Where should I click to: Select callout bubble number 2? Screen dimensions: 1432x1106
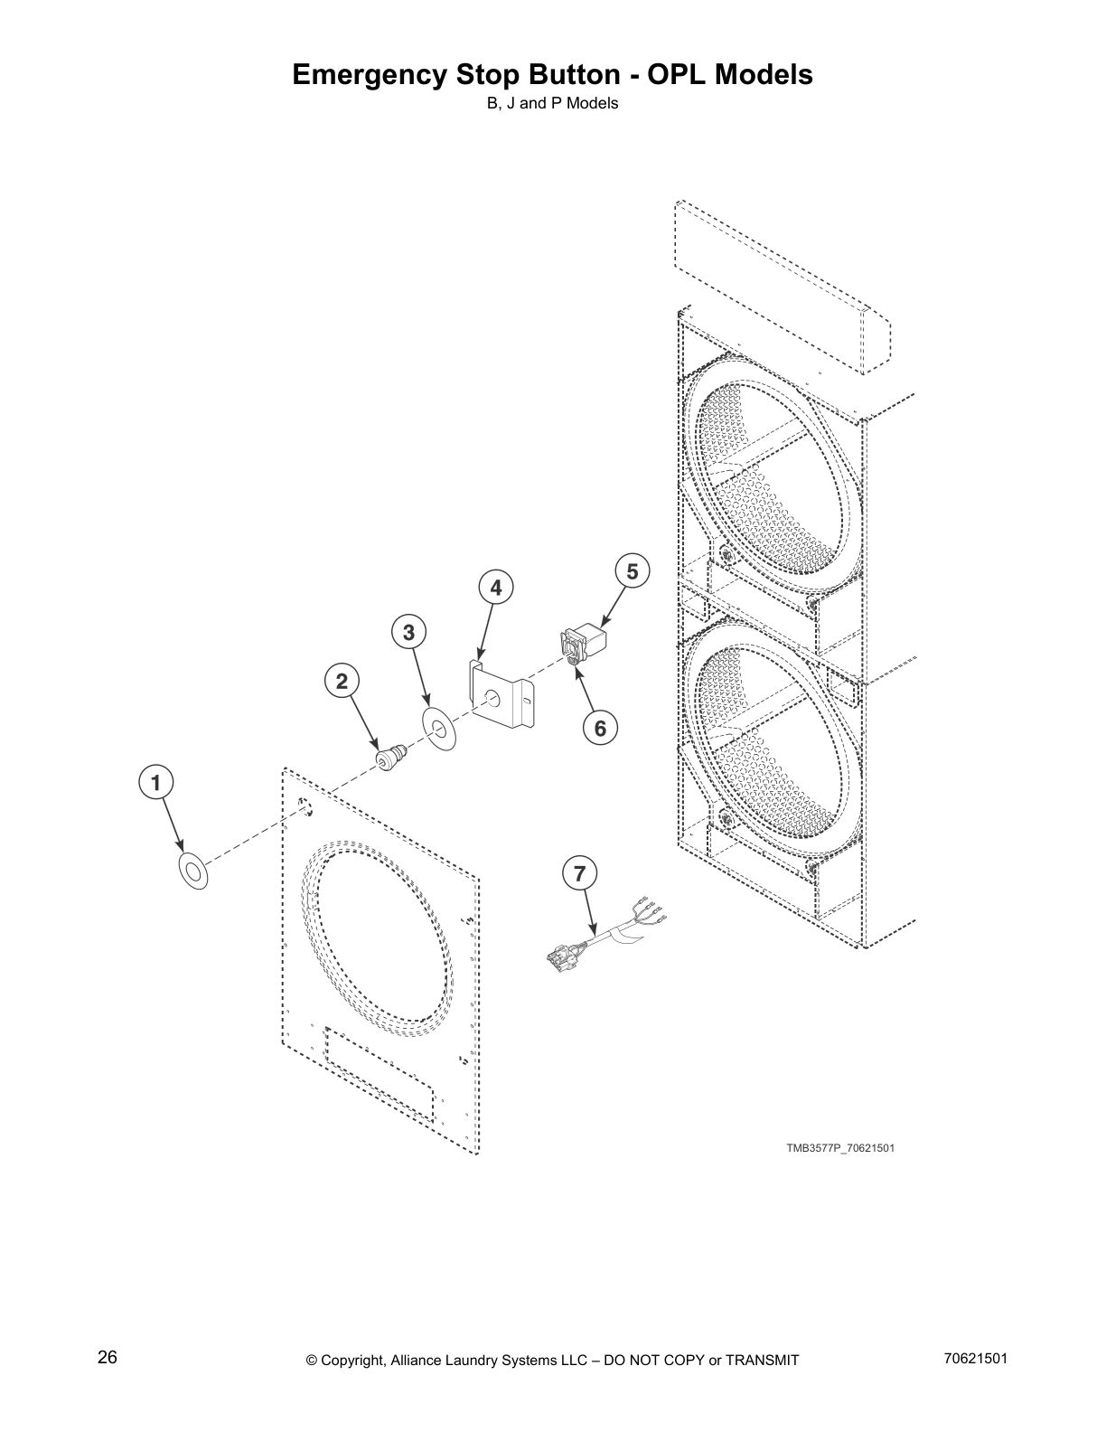(x=342, y=682)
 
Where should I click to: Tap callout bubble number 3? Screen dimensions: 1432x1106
(x=409, y=633)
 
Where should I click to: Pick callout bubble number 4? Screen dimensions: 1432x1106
(x=495, y=589)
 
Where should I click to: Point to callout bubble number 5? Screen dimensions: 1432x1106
(x=632, y=571)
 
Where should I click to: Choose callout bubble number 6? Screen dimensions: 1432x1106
(x=600, y=727)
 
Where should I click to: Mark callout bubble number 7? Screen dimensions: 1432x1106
(x=580, y=873)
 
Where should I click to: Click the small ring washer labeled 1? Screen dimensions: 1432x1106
(x=192, y=869)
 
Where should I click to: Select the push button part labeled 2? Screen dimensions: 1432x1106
(x=391, y=757)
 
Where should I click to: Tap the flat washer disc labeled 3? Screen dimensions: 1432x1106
(x=440, y=727)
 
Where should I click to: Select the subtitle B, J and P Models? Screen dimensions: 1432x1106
(x=552, y=103)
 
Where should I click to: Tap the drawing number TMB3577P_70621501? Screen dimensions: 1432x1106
(x=839, y=1148)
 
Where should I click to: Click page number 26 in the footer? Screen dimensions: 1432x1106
(x=108, y=1357)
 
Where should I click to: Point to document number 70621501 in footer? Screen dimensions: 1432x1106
(x=974, y=1359)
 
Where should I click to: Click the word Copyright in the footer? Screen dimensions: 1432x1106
(x=353, y=1361)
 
